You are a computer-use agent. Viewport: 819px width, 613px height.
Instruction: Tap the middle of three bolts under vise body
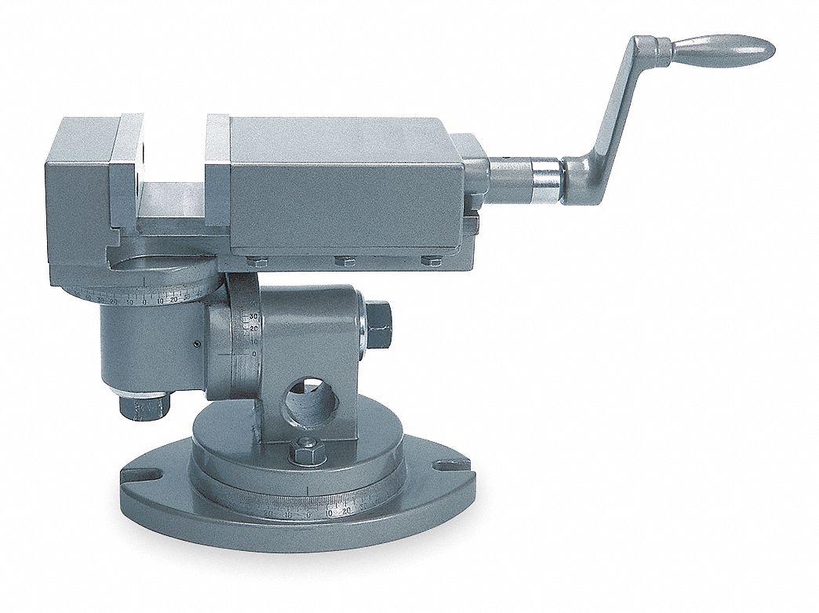coord(344,261)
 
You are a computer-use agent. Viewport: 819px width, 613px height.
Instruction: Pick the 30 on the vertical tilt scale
coord(253,317)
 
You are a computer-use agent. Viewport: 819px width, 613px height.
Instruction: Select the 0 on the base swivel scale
coord(309,514)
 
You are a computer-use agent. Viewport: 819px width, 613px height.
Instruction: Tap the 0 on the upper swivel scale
coord(144,299)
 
